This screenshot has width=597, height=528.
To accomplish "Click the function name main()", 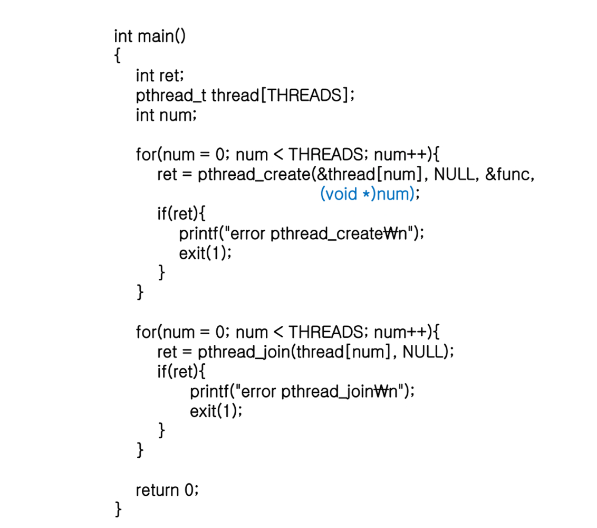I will [x=161, y=36].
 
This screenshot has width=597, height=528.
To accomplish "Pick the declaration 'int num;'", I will [x=166, y=115].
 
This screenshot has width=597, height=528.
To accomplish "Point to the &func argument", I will [x=508, y=175].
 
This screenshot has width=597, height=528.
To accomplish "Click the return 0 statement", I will [x=167, y=490].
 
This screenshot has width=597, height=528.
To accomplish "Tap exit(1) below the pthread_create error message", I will [x=204, y=253].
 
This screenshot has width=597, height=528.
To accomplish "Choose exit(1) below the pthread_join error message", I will [x=215, y=411].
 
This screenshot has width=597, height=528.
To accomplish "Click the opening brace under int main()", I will [x=117, y=56].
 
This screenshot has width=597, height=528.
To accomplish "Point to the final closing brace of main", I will [x=118, y=510].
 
